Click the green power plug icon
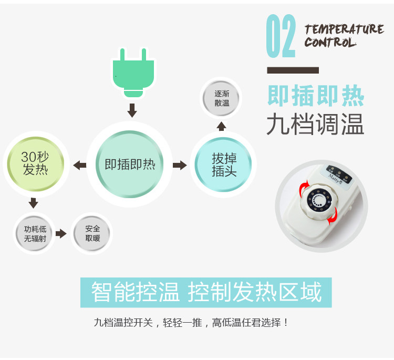tap(133, 72)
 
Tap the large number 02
tap(281, 36)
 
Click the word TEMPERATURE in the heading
tap(344, 29)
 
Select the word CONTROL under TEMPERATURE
tap(330, 42)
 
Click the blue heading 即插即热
tap(315, 96)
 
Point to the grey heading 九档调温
tap(315, 125)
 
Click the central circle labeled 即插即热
tap(130, 164)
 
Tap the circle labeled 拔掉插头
tap(224, 164)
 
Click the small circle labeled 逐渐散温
tap(222, 98)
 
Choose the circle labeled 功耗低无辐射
tap(35, 234)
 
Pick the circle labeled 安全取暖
tap(92, 234)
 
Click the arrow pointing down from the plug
tap(132, 110)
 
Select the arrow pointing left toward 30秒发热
tap(80, 165)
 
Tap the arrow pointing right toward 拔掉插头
tap(180, 165)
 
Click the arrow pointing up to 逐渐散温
tap(222, 126)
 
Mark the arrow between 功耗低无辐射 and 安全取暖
tap(61, 234)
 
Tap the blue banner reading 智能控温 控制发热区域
tap(206, 292)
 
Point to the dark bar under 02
tap(293, 70)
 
